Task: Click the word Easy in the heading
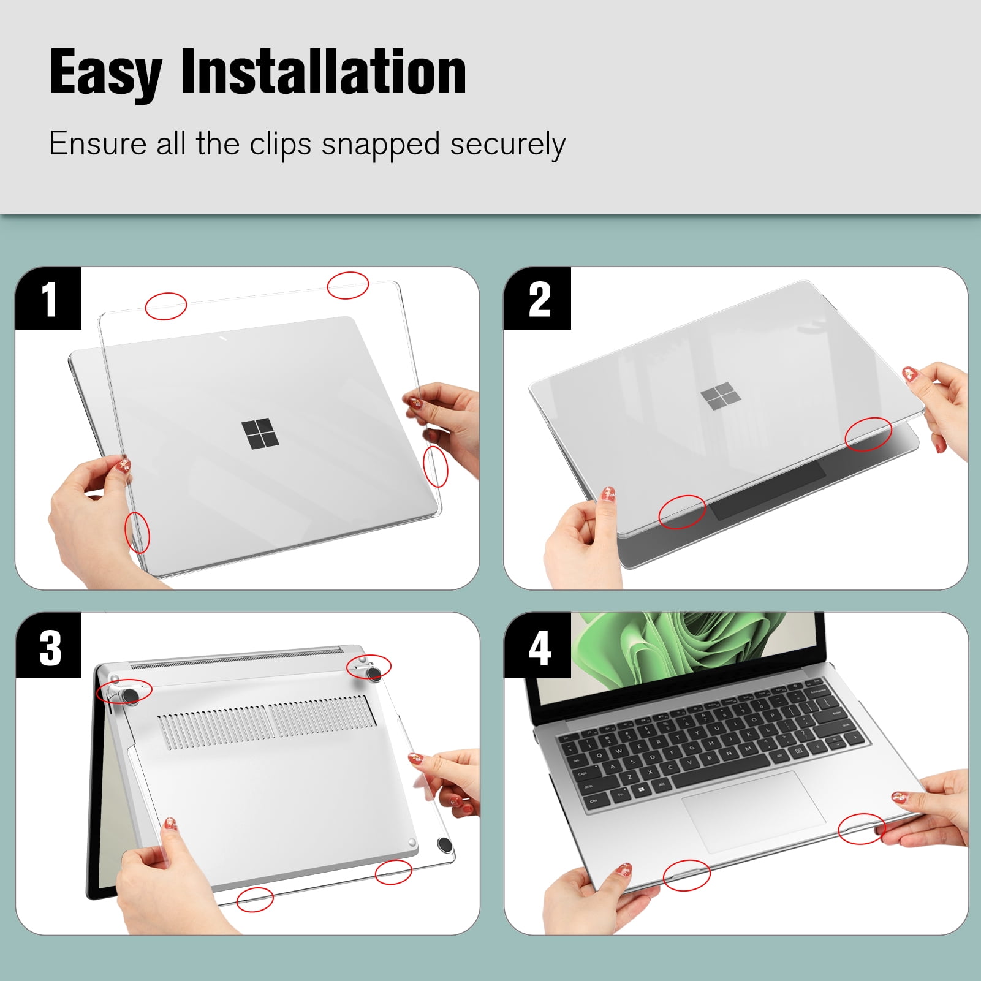pos(105,74)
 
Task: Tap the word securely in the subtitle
pos(507,145)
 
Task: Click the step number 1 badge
pos(48,298)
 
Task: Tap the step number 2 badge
pos(537,298)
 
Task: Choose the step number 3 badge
pos(48,645)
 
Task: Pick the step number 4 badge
pos(537,645)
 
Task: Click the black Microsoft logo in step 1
pos(260,434)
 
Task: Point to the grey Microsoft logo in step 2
pos(721,396)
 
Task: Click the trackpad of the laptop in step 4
pos(753,811)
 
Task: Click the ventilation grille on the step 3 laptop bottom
pos(267,722)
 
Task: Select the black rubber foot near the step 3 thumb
pos(444,846)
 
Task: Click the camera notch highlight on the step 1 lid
pos(223,338)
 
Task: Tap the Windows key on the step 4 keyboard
pos(640,790)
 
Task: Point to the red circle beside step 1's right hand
pos(436,466)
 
